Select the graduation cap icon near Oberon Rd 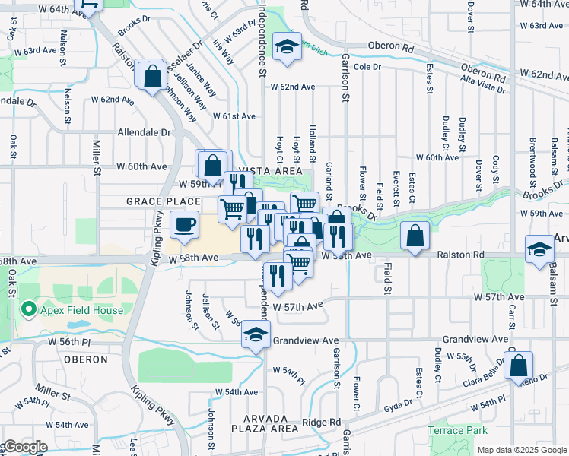click(288, 47)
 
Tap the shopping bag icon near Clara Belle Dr click(518, 365)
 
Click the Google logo click(24, 447)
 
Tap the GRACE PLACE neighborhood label click(152, 201)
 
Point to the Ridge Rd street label click(322, 422)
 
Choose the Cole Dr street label click(366, 67)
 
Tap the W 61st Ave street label click(234, 116)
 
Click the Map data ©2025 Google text click(521, 450)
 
